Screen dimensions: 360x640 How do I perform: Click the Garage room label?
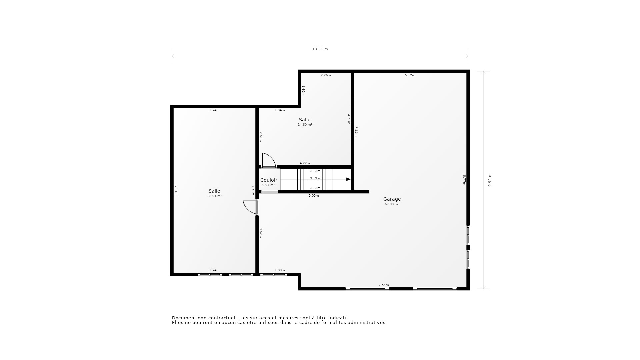392,199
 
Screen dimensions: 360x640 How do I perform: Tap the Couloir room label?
268,180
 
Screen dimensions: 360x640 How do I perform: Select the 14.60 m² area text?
305,125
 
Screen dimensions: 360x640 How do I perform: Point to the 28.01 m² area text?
214,196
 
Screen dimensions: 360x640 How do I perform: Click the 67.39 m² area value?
392,204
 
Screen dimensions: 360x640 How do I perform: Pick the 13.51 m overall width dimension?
320,49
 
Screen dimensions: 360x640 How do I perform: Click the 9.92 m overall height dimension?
490,180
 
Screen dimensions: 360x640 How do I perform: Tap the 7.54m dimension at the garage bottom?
383,285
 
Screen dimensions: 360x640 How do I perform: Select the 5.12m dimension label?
410,75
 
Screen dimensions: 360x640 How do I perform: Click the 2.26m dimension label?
325,75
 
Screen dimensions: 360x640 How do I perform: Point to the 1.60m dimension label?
303,90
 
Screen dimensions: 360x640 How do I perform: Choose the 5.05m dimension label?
313,196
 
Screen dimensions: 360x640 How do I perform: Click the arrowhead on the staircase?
348,179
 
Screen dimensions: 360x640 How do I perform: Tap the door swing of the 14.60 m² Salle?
268,160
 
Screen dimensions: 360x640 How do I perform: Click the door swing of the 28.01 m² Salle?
250,207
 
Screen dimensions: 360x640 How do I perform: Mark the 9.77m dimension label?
464,180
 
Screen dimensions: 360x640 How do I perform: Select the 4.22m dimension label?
304,163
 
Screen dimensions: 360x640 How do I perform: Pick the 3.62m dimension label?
261,233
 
